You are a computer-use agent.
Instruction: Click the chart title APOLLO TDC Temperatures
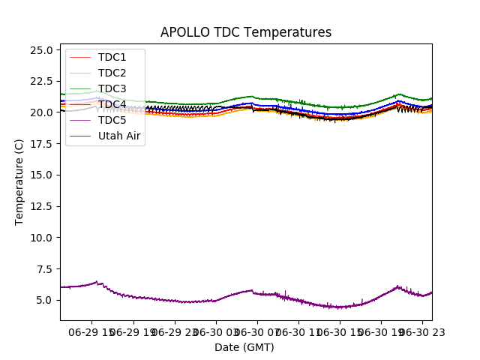(246, 32)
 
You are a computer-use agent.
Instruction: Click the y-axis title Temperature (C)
(19, 182)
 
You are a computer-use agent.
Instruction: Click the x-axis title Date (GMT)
(244, 347)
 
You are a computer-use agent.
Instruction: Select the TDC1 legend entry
(112, 57)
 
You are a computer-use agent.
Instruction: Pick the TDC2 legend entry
(112, 73)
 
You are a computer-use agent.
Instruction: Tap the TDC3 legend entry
(112, 88)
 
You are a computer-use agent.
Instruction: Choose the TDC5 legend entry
(112, 120)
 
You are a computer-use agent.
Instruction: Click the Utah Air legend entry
(119, 136)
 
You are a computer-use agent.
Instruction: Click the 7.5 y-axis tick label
(43, 268)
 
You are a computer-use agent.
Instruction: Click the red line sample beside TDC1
(81, 57)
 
